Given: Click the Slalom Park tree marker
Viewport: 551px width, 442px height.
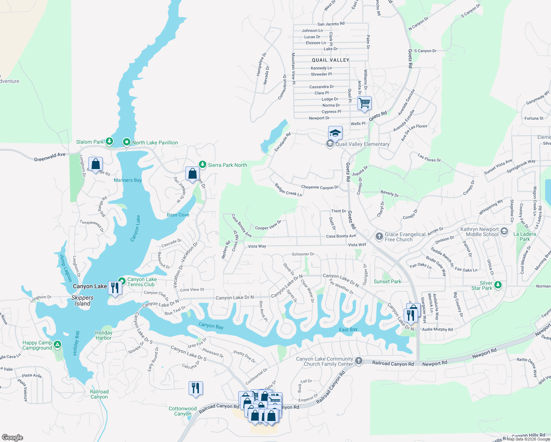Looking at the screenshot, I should tap(109, 141).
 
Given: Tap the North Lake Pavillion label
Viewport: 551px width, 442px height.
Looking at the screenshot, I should tap(155, 143).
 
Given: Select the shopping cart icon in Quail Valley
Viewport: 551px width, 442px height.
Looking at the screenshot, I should tap(364, 103).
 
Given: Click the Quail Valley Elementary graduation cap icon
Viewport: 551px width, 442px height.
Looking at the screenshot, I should tap(335, 133).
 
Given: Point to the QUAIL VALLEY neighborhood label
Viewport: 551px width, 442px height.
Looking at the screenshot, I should tap(330, 60).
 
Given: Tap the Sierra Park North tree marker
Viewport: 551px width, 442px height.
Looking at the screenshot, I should tap(202, 164).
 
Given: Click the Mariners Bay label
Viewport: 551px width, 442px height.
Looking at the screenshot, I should tap(127, 180).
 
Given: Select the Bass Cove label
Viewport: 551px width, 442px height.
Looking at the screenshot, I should tap(178, 215).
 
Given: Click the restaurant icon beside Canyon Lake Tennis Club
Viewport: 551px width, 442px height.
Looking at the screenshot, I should tap(115, 288).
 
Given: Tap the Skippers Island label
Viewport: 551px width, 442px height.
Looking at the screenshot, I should tap(83, 301).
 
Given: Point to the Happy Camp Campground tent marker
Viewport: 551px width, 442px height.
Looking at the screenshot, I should tap(57, 345).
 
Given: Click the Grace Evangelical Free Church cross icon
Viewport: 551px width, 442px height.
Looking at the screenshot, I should tap(379, 236).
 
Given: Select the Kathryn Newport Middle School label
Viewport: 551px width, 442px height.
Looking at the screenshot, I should tap(479, 232).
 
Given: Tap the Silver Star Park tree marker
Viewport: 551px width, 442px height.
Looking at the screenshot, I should tap(498, 285).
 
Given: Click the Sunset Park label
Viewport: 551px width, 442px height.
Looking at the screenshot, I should tap(387, 281).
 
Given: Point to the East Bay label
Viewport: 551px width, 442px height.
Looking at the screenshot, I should tap(348, 330).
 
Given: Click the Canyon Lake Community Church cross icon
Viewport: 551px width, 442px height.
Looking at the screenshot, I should tap(359, 361).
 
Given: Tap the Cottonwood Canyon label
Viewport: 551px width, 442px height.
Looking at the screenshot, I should tap(183, 411).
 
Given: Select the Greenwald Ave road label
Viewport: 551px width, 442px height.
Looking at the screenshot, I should tap(49, 157).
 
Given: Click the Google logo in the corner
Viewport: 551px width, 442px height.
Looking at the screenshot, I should tap(13, 438).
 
